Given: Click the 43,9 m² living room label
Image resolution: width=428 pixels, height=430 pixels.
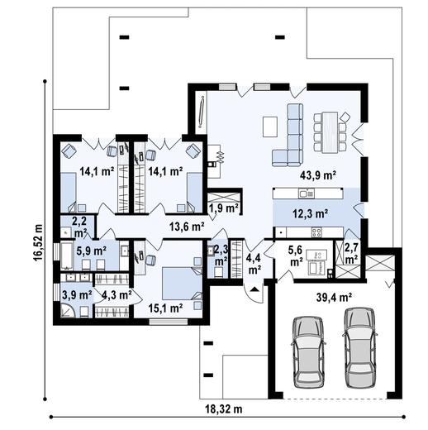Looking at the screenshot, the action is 318,175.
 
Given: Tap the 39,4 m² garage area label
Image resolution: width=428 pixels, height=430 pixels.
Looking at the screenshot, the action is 334,297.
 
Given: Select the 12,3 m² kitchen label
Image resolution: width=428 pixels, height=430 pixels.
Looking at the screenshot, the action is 310,213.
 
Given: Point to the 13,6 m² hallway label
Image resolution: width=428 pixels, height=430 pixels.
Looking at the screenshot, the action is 187,227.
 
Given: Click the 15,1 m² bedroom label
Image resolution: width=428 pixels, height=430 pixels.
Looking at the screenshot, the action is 165,308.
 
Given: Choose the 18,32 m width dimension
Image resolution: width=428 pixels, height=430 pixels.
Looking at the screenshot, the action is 224,409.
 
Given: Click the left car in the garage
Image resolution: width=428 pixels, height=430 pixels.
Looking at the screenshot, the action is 308,352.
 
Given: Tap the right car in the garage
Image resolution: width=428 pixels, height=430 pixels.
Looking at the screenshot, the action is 359,348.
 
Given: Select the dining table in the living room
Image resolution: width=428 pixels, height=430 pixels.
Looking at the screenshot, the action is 330,132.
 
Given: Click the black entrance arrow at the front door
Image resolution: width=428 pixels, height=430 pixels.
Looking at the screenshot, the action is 254,289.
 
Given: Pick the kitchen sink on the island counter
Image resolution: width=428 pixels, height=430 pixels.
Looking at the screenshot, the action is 306,193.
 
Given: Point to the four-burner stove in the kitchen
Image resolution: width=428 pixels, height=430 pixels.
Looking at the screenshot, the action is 316,232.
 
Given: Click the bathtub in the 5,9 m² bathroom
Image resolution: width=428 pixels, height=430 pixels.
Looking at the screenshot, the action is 67,256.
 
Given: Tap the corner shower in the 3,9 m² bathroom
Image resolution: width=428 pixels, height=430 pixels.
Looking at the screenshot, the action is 68,310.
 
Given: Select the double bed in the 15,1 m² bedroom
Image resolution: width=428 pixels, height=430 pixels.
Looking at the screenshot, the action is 182,284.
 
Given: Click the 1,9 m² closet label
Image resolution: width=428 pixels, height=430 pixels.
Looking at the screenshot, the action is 224,208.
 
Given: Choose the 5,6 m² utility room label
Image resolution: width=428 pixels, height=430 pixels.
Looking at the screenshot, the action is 295,256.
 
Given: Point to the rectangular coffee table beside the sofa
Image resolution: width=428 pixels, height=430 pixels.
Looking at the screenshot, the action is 270,127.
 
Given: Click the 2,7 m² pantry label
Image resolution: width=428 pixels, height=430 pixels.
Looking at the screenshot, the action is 352,254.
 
